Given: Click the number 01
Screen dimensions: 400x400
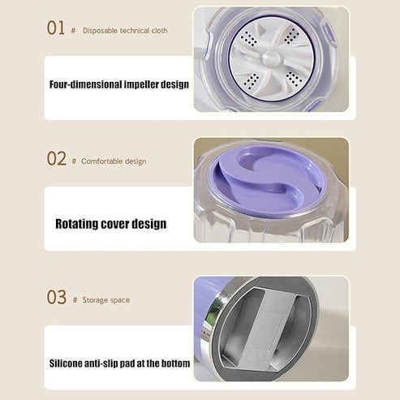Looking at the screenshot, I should pos(56,28).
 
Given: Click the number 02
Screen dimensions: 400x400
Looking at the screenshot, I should pos(56,159).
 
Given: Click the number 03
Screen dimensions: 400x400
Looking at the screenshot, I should pos(56,297).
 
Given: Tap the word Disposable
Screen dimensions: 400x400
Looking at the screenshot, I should pos(101,30).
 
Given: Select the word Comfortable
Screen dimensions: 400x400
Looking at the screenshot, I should pos(103,161).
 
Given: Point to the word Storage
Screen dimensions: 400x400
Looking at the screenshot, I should pos(97,300).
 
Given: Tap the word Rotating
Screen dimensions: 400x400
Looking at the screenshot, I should pos(80,223).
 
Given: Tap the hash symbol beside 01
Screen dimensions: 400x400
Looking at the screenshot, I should pos(74,30).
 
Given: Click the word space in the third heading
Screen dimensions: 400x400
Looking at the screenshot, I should pos(120,300).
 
